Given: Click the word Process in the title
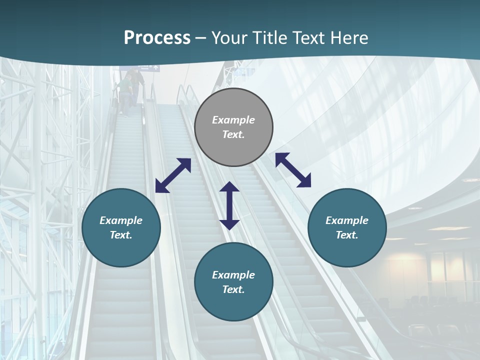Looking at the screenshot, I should tap(157, 38).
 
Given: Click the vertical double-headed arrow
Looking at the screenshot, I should tap(229, 205).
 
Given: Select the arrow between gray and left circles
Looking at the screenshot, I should tap(173, 175).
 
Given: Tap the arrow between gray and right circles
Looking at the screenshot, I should tap(293, 170).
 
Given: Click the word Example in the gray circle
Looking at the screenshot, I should tap(233, 120).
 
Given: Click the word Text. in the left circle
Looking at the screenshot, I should tap(121, 235).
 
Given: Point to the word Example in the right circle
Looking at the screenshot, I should tap(347, 220).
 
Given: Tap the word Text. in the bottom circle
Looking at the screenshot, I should tap(233, 289).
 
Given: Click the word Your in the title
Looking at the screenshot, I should tap(229, 38).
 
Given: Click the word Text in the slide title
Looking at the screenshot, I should tap(307, 38).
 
